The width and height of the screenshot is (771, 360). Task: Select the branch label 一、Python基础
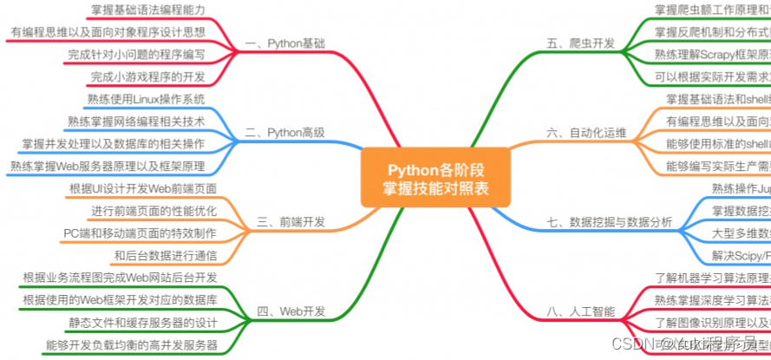coord(285,43)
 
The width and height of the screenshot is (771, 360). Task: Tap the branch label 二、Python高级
coord(285,133)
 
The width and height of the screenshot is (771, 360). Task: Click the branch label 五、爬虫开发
coord(581,43)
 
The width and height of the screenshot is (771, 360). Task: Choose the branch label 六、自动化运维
coord(586,133)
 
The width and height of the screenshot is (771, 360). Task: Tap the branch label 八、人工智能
coord(581,311)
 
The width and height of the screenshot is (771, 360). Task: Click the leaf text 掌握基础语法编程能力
coord(148,10)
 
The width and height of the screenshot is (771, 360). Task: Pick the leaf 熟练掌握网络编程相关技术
coord(136,121)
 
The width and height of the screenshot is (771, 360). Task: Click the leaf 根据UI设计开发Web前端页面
coord(143,188)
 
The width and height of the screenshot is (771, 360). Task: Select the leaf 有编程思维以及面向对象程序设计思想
coord(108,32)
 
